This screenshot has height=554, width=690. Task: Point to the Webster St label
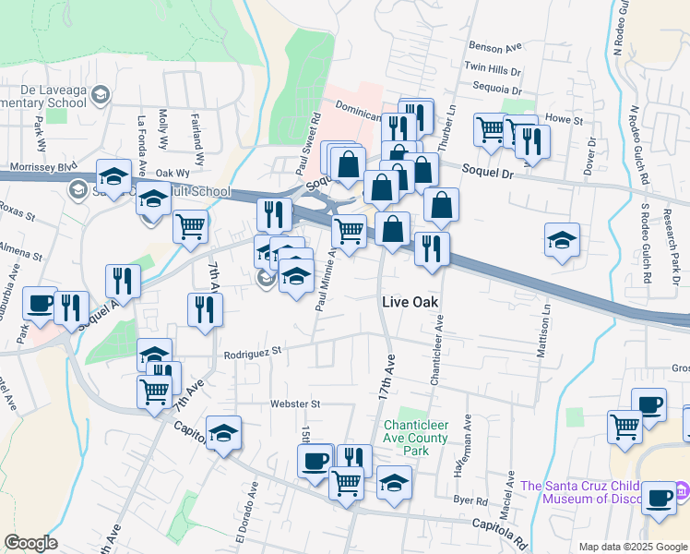point(294,403)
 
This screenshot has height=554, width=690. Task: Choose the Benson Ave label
point(495,45)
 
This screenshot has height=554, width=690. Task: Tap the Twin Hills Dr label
point(493,67)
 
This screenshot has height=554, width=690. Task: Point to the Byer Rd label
point(470,500)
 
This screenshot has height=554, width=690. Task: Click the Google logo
point(30,543)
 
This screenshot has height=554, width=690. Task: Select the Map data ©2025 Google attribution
point(633,547)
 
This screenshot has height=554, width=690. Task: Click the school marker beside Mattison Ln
point(562,241)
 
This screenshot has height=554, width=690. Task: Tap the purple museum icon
point(681,487)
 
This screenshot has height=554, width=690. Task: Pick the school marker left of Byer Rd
point(394,482)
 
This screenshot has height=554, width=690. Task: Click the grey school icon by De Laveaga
point(100,94)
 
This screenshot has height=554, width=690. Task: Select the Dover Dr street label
point(590,158)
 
